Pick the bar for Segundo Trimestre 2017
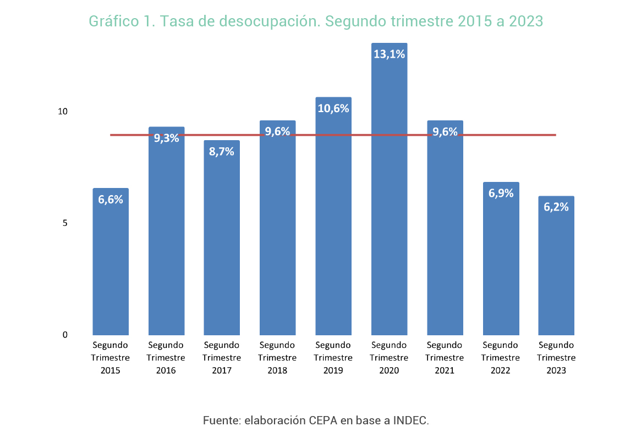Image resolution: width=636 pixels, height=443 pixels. (x=222, y=247)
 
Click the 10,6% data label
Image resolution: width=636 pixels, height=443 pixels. (x=333, y=108)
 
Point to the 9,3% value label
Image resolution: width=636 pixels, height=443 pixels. (x=166, y=138)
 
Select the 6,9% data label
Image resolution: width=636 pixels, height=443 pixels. (x=501, y=193)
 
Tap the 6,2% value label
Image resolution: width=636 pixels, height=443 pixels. (x=556, y=207)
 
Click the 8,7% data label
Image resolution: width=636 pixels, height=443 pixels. (x=222, y=152)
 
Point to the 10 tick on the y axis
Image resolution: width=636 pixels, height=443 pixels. (x=63, y=112)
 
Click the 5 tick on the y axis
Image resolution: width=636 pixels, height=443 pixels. (x=64, y=223)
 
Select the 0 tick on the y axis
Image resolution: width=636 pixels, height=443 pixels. (x=64, y=335)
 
